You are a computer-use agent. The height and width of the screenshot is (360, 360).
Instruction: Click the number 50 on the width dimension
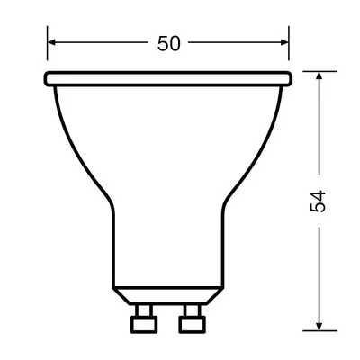click(x=169, y=43)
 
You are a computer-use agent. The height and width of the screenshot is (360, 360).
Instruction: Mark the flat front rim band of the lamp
click(x=168, y=79)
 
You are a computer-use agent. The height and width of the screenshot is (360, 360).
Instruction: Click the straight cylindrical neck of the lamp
click(x=168, y=243)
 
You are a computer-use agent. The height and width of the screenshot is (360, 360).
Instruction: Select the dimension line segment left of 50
click(x=99, y=42)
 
